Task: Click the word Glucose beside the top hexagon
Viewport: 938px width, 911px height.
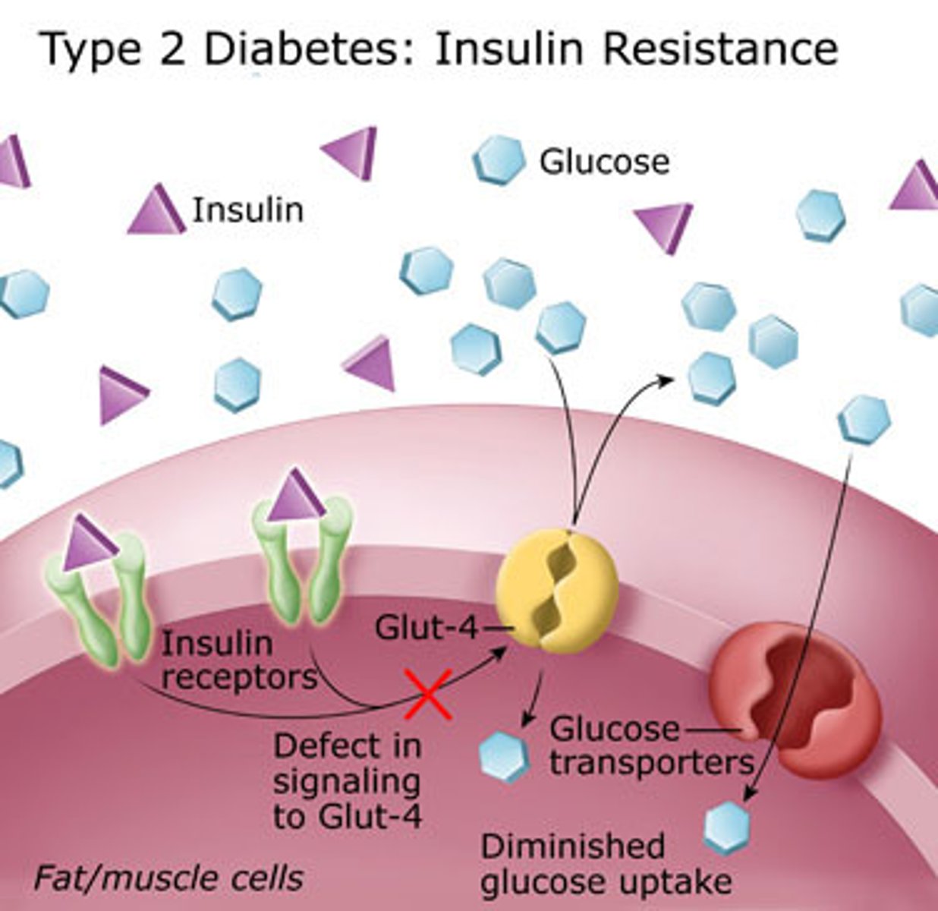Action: coord(604,162)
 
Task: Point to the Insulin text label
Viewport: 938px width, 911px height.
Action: coord(247,210)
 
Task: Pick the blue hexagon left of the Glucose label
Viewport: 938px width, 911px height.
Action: coord(499,160)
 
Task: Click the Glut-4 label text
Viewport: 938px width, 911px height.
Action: coord(426,629)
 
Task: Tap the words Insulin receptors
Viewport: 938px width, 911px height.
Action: coord(237,660)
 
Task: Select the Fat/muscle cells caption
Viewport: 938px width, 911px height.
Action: coord(168,878)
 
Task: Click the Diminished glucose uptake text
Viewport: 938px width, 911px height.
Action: coord(606,864)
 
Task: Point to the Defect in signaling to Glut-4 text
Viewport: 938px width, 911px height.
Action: coord(348,780)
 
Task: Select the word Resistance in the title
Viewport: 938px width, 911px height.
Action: coord(720,49)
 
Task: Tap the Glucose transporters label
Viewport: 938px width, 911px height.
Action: coord(651,746)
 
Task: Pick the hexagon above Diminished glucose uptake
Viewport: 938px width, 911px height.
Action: coord(727,827)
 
